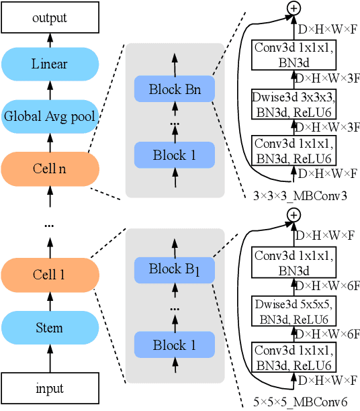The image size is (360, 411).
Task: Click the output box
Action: [x=50, y=17]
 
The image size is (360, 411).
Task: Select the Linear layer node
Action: [x=50, y=64]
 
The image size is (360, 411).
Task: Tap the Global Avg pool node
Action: [x=50, y=116]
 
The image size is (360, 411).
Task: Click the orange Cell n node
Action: [x=50, y=168]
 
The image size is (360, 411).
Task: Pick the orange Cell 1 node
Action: [x=50, y=275]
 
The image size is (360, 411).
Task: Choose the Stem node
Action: [x=50, y=328]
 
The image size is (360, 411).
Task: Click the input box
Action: [x=50, y=388]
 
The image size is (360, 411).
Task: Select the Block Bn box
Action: [x=174, y=89]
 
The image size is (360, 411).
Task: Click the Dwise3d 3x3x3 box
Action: [x=293, y=103]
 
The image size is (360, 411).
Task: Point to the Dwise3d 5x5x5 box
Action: [x=293, y=311]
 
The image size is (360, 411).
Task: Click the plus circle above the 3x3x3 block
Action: [x=293, y=7]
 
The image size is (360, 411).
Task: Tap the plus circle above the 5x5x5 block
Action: [x=293, y=215]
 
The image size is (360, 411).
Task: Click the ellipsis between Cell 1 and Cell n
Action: [x=50, y=226]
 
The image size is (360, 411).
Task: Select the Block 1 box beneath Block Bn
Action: [x=174, y=155]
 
